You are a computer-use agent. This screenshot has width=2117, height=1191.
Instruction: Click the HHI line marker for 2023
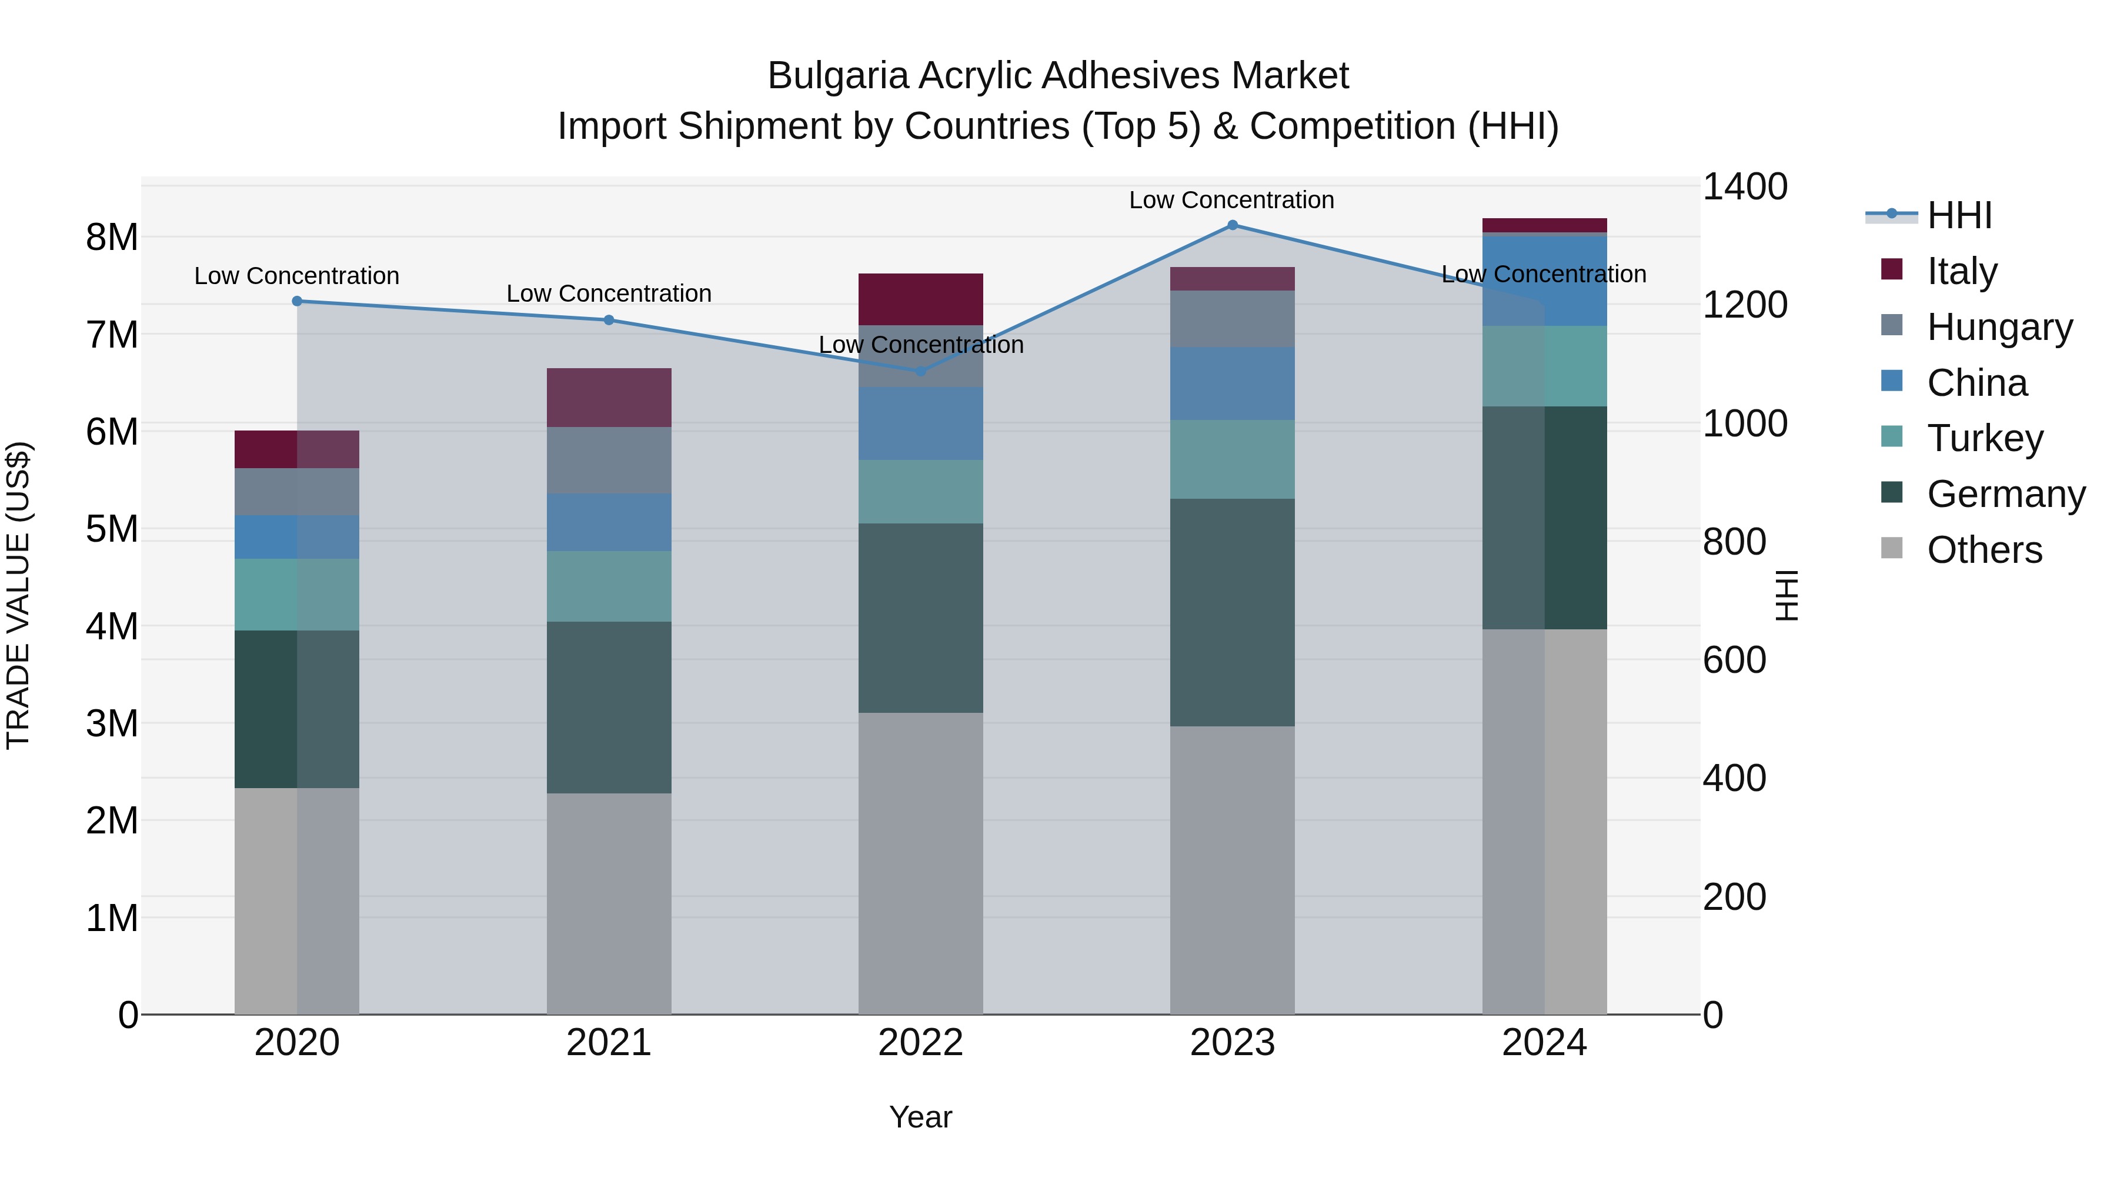(x=1232, y=225)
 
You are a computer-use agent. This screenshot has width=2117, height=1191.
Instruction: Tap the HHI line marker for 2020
(x=298, y=302)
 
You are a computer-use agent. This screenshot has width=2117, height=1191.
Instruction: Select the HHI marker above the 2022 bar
(x=920, y=372)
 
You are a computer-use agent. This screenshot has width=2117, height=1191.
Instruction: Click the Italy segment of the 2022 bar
(x=920, y=299)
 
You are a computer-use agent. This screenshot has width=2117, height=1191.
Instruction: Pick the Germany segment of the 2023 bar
(x=1232, y=612)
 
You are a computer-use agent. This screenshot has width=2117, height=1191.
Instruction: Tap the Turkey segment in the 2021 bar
(x=609, y=586)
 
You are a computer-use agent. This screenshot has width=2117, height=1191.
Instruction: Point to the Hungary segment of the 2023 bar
(x=1232, y=319)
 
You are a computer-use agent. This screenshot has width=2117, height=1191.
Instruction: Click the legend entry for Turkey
(x=1985, y=438)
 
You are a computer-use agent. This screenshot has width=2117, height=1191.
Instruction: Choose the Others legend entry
(x=1984, y=550)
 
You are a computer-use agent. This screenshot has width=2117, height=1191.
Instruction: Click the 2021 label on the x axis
(x=609, y=1042)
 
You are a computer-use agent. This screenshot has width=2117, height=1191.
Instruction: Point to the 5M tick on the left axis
(x=112, y=529)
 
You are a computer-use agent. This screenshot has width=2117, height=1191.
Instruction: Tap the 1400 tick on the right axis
(x=1744, y=186)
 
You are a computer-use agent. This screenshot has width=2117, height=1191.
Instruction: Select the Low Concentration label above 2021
(x=609, y=293)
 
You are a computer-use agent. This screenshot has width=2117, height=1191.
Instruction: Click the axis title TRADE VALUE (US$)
(x=18, y=595)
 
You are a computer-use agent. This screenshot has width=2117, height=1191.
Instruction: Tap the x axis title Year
(x=920, y=1117)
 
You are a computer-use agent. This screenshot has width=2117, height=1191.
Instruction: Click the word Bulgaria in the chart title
(x=837, y=76)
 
